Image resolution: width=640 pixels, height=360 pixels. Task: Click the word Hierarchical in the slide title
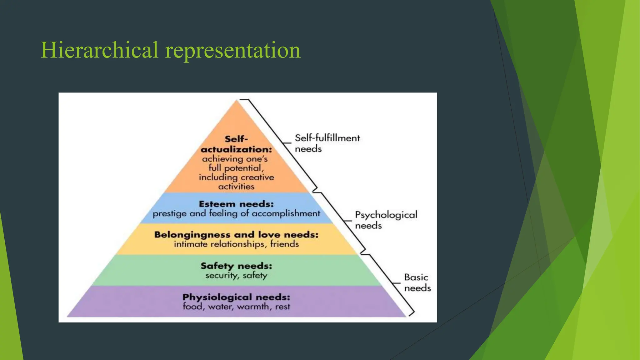(x=99, y=50)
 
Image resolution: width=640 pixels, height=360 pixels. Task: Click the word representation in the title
(x=233, y=51)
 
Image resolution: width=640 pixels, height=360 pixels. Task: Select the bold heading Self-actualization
(x=236, y=144)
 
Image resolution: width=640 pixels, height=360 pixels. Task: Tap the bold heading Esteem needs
(x=236, y=204)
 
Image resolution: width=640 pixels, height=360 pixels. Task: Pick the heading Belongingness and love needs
(x=236, y=235)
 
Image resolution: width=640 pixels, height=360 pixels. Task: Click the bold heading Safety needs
(x=236, y=266)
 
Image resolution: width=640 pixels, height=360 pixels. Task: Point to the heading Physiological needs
(x=236, y=297)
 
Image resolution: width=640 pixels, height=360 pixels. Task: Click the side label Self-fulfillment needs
(x=327, y=143)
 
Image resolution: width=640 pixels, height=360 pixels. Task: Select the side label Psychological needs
(x=386, y=220)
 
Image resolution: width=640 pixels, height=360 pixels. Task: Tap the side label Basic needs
(x=417, y=282)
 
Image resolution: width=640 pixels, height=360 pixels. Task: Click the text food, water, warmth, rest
(x=236, y=307)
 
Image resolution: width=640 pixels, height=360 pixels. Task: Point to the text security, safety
(x=236, y=276)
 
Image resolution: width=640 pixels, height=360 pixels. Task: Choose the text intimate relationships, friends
(x=236, y=244)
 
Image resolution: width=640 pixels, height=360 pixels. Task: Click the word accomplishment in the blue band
(x=286, y=213)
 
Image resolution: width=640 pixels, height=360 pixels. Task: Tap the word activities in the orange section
(x=236, y=187)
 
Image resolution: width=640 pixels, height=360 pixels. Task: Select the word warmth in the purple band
(x=252, y=307)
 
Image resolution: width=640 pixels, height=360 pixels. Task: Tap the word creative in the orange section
(x=257, y=177)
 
